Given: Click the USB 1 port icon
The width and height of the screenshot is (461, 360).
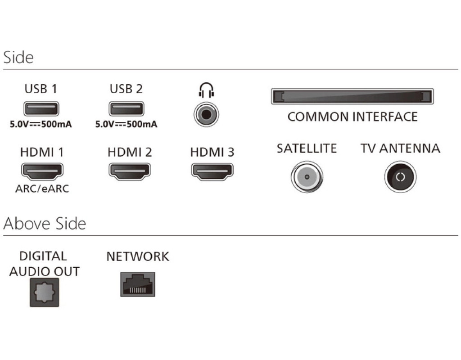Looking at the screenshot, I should point(41,109).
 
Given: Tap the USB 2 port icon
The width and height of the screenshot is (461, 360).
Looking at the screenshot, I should point(126,109).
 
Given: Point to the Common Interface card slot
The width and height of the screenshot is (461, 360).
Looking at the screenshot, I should point(352,97).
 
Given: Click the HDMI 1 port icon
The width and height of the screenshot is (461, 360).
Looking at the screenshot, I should point(42,171).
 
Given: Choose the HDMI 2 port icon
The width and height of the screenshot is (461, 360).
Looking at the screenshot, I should point(130,171).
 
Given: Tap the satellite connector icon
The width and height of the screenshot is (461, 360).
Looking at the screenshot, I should point(307,176).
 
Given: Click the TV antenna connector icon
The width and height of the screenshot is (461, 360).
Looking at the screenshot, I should point(400,176).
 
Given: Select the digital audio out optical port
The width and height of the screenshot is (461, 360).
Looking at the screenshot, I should point(44,292).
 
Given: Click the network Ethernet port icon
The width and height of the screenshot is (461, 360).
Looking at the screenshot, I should point(137,284).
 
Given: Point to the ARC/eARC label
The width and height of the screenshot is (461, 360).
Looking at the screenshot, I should point(42,189).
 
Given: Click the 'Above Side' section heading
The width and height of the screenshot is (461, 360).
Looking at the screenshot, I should point(45,224).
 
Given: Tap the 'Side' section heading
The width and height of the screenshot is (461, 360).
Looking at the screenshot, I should point(18,58).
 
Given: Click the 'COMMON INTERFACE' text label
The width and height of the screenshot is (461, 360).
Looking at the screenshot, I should point(353,117).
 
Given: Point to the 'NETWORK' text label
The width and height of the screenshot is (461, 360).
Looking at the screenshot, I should point(137,256).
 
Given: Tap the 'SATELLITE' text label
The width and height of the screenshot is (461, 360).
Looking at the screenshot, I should point(307,148).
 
